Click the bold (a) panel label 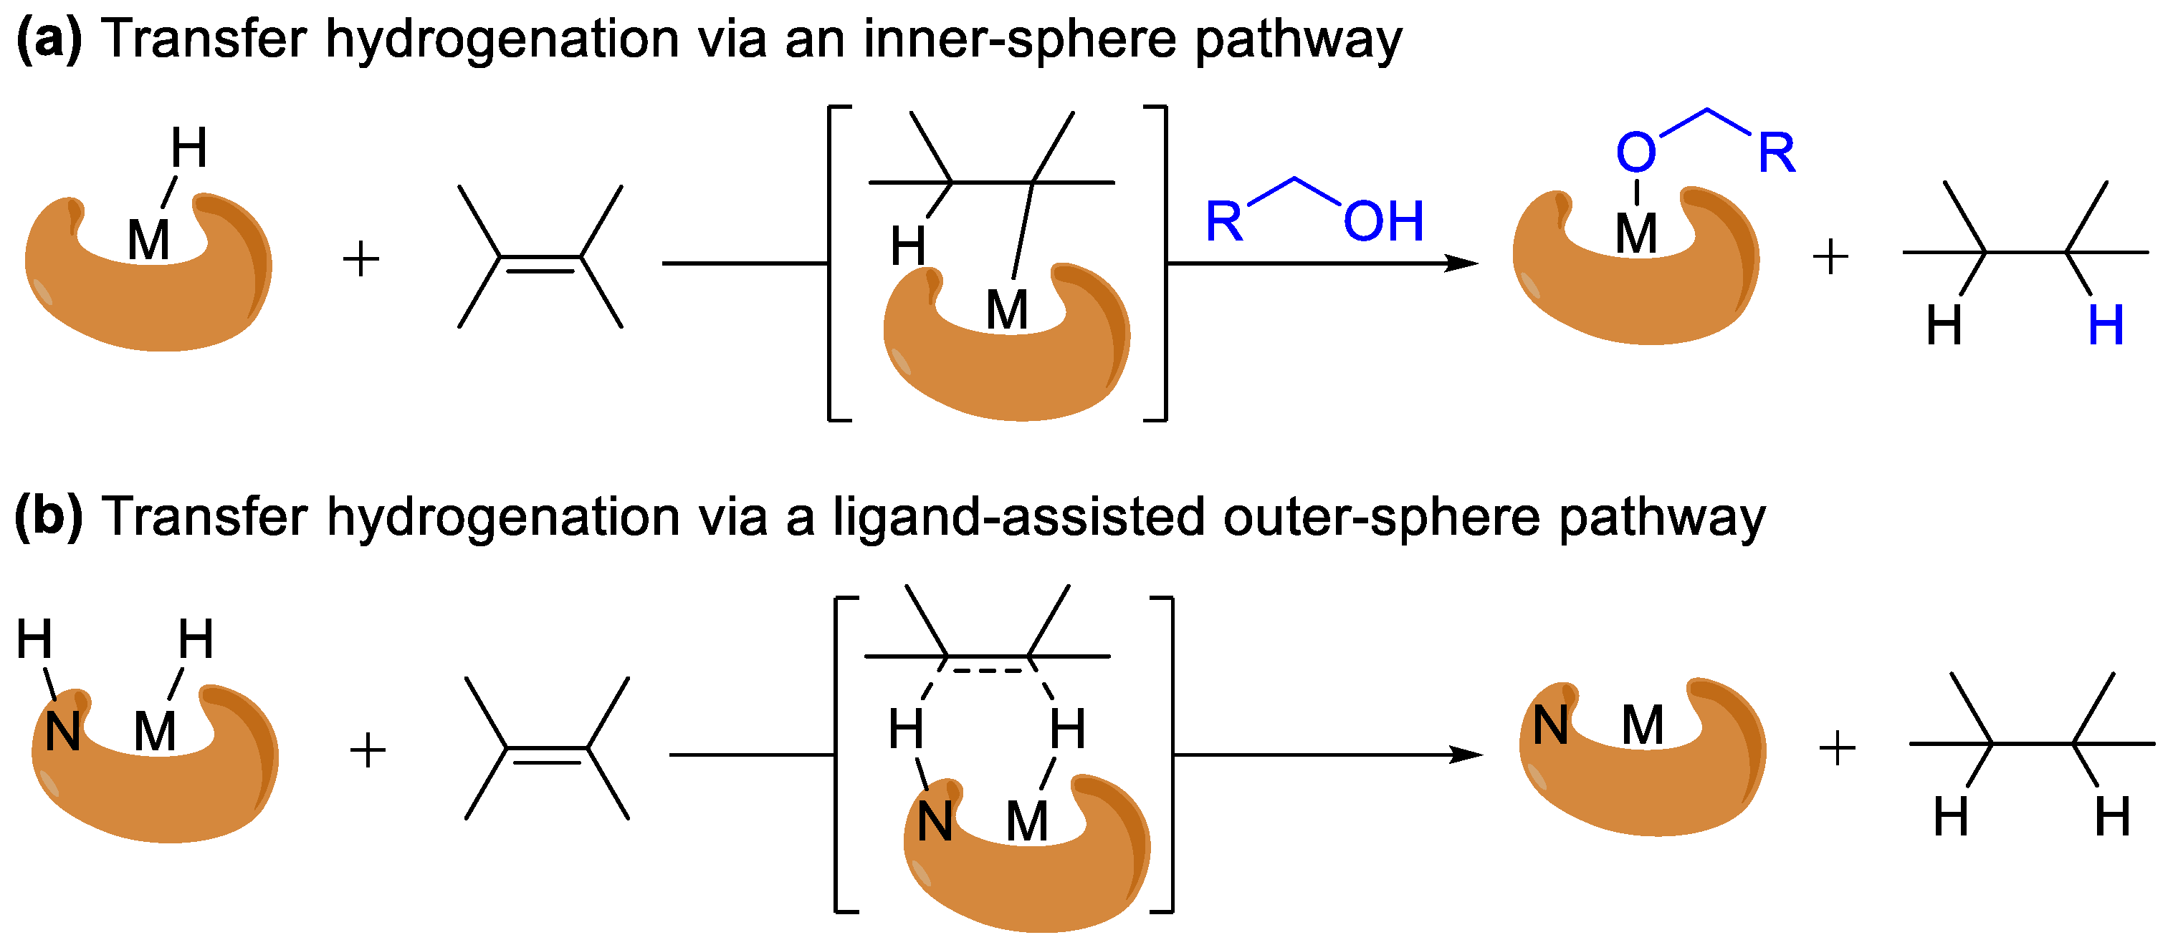[48, 39]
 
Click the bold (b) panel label [48, 516]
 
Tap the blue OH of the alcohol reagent [1383, 222]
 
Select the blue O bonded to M [1635, 152]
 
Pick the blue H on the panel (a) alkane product [2106, 326]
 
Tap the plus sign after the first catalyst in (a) [361, 258]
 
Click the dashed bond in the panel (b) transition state [987, 671]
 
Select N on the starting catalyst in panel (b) [62, 731]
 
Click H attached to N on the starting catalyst [34, 638]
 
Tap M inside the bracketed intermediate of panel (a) [1006, 309]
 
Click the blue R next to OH [1224, 222]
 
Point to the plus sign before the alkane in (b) [1836, 749]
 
